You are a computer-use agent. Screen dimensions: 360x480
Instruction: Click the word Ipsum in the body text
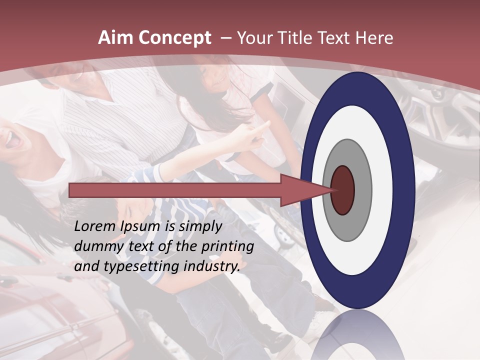coord(145,226)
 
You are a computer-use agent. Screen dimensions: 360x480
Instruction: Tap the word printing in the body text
coord(227,246)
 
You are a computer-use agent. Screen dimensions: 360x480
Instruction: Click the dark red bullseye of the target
coord(343,190)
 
